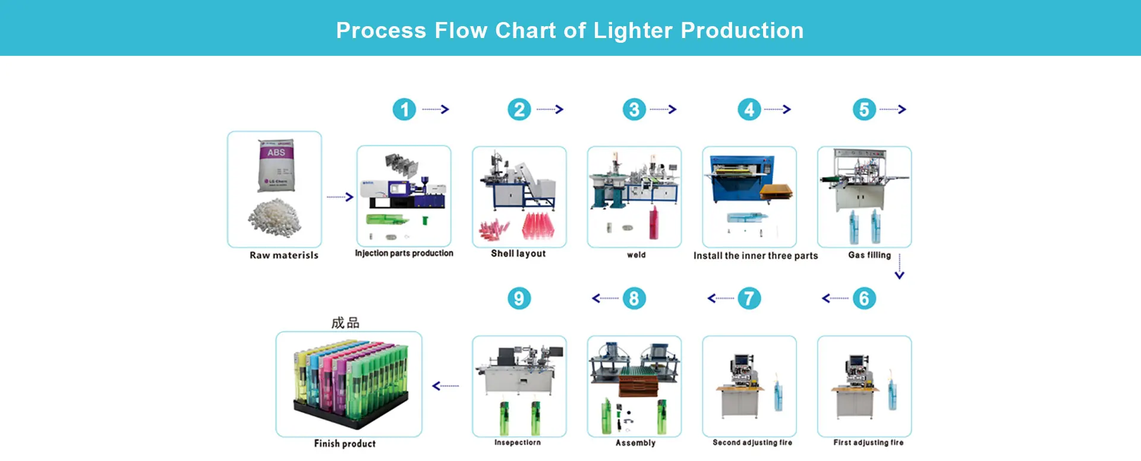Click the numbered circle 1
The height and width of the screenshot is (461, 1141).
point(404,109)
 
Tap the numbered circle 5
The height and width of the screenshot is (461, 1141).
point(864,109)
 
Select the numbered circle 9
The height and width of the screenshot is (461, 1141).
point(519,298)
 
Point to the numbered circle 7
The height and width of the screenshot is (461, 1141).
point(749,298)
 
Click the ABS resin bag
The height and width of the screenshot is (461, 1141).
point(276,166)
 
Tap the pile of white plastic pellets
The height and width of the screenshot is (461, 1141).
point(275,217)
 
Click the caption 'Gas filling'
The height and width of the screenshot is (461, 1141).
point(869,255)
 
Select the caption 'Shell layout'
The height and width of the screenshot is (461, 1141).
point(518,254)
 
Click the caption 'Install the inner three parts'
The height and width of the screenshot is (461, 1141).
point(755,256)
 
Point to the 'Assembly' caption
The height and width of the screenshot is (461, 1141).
point(635,443)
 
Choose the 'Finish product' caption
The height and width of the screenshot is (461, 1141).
point(345,444)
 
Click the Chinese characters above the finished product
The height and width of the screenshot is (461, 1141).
point(345,323)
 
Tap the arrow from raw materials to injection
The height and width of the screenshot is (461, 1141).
point(340,197)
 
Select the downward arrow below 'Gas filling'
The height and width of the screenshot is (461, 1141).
point(899,267)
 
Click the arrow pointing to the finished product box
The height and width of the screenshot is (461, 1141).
point(446,386)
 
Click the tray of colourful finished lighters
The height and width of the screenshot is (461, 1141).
point(351,380)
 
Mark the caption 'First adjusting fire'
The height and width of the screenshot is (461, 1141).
point(868,443)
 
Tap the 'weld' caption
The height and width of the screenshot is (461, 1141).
point(636,255)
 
